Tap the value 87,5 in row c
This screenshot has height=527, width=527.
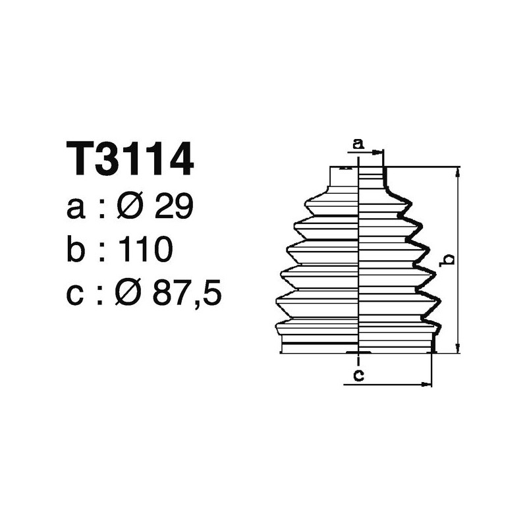[186, 294]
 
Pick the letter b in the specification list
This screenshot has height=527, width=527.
[76, 250]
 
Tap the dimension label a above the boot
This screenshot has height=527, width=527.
[358, 143]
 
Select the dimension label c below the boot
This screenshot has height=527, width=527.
[358, 375]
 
